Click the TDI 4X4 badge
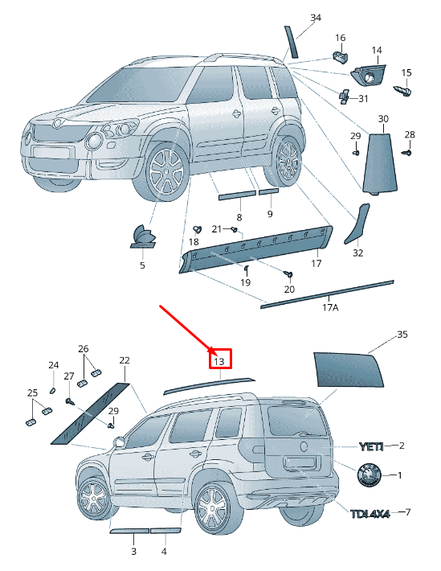369,513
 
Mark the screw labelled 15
405,91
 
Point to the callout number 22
124,360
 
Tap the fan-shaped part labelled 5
143,236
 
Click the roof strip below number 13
209,385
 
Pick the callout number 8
239,217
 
